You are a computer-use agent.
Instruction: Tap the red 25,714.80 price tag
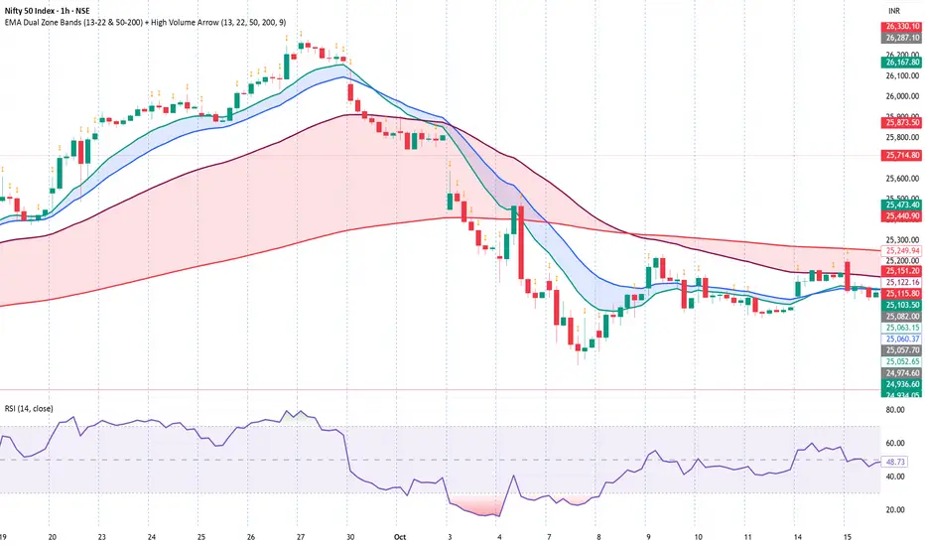point(896,155)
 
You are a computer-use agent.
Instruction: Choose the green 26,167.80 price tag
point(896,62)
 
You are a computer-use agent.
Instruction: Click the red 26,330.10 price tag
point(896,26)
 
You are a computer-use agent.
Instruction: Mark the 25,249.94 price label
point(896,251)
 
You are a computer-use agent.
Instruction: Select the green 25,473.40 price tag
point(896,204)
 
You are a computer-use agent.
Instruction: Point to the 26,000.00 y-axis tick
point(896,96)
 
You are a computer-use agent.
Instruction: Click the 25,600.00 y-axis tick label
point(896,179)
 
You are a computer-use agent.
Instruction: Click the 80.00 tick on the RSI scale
point(896,409)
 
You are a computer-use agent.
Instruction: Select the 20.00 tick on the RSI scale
point(896,510)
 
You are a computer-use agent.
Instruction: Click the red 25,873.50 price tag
point(896,122)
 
